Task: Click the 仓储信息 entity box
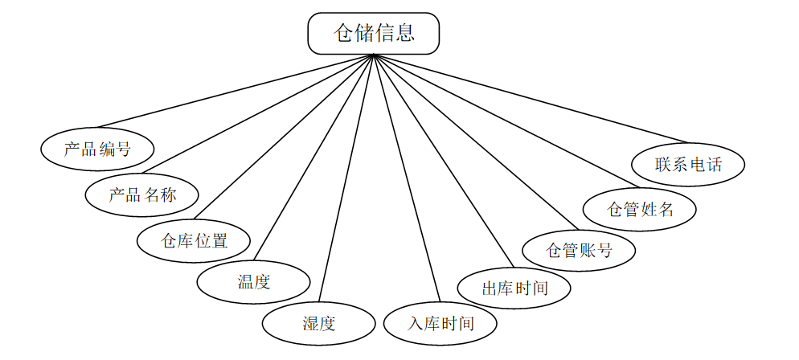[374, 33]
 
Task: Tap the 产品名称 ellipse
[142, 194]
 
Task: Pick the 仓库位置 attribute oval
[194, 240]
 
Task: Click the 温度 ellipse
[253, 282]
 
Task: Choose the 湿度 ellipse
[318, 324]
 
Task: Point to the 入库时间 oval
[440, 324]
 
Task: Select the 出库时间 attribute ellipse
[514, 288]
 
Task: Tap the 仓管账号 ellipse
[579, 250]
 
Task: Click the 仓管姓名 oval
[640, 210]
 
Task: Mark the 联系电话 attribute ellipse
[688, 165]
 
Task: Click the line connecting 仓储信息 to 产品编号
[235, 91]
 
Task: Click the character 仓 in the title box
[344, 33]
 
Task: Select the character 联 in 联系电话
[663, 165]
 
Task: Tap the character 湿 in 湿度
[310, 324]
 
